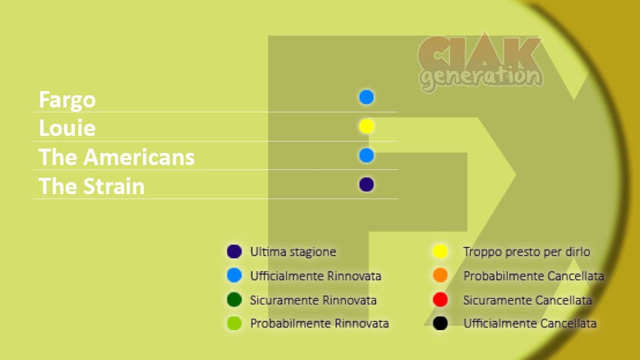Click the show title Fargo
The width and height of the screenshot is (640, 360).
coord(68,100)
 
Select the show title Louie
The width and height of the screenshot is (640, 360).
coord(68,128)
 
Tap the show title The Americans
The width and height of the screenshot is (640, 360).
coord(117,157)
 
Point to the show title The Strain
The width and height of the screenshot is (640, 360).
coord(92,186)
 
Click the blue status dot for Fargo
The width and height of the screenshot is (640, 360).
coord(366,97)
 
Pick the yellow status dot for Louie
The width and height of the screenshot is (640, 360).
coord(366,126)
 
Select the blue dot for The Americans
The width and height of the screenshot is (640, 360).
coord(366,156)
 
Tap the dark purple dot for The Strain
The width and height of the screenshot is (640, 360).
coord(366,184)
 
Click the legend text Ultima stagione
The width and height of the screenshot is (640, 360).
coord(293,252)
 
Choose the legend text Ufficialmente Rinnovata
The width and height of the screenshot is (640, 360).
coord(316,276)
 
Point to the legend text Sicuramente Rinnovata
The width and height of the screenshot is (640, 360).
coord(313,300)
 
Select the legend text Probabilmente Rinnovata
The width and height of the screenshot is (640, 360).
coord(319,324)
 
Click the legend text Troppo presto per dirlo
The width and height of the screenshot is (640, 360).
coord(526,252)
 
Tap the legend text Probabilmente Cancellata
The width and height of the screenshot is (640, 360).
coord(533,276)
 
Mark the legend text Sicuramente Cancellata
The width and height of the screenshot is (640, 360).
coord(528,300)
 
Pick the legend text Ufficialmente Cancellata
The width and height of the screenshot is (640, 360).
coord(530,324)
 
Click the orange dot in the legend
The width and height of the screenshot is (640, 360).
coord(440,275)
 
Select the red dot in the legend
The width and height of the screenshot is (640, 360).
coord(440,300)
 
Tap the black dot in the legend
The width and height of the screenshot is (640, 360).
coord(440,323)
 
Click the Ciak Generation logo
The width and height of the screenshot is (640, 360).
coord(481,62)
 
